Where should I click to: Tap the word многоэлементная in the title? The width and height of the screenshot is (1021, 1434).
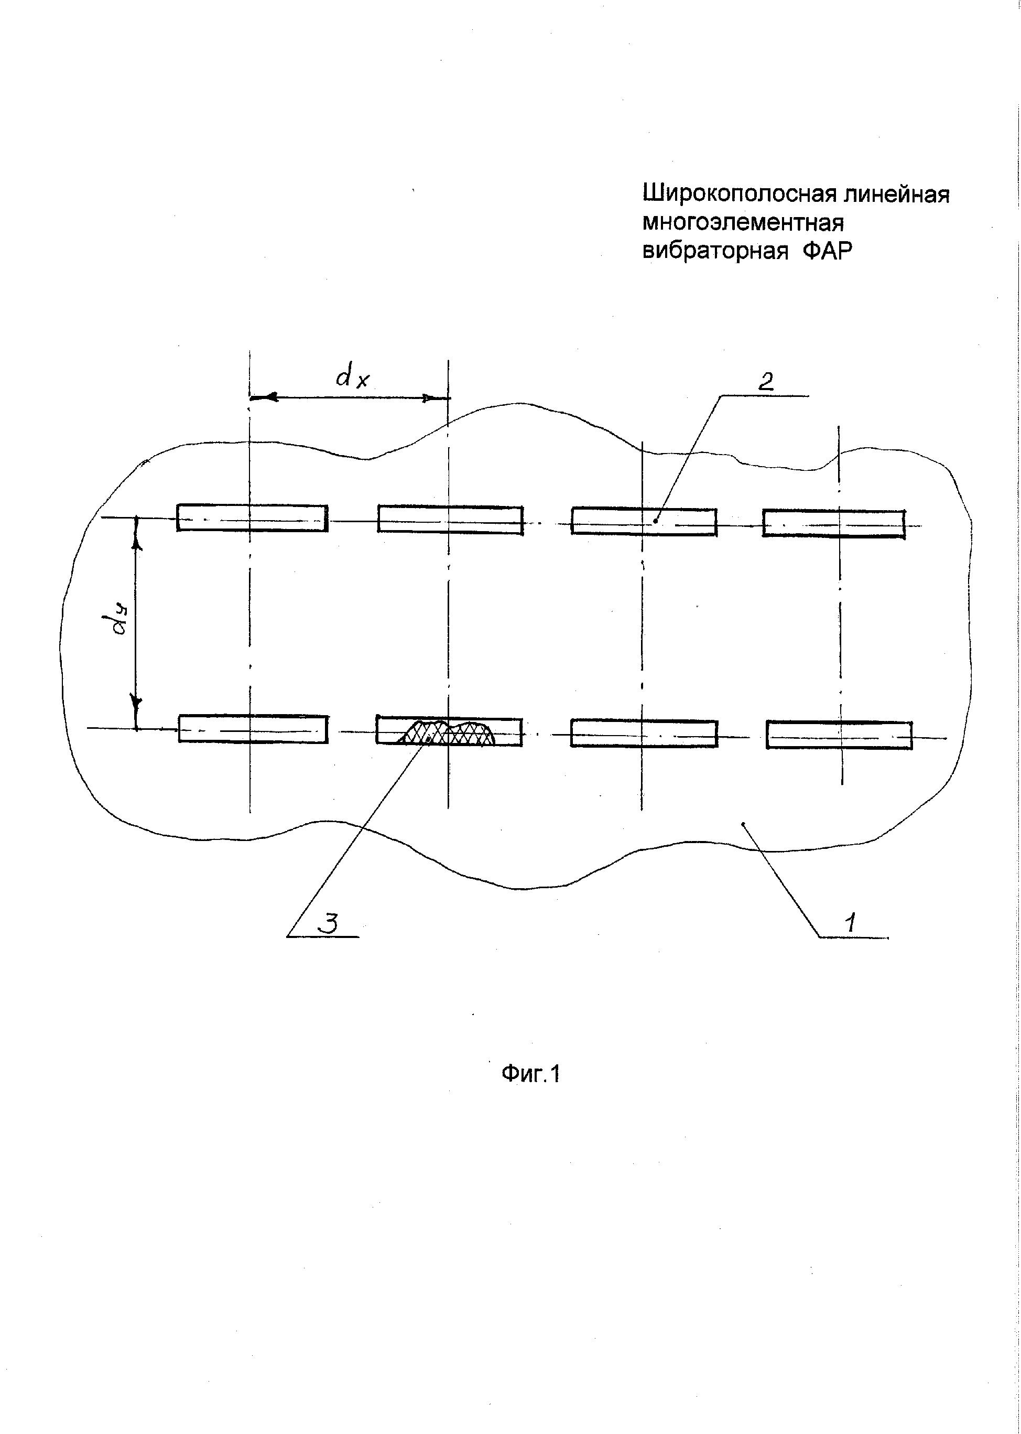(743, 223)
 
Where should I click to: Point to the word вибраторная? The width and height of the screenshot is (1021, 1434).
(715, 251)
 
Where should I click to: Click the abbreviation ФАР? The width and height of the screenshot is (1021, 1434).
(828, 251)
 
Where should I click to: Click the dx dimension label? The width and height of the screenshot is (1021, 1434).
(352, 378)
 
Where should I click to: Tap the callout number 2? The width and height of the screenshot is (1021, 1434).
(766, 382)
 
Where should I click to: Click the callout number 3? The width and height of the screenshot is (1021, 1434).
(328, 924)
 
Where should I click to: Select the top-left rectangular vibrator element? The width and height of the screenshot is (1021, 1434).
(252, 517)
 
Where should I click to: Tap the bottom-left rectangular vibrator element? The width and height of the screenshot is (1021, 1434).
(253, 729)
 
